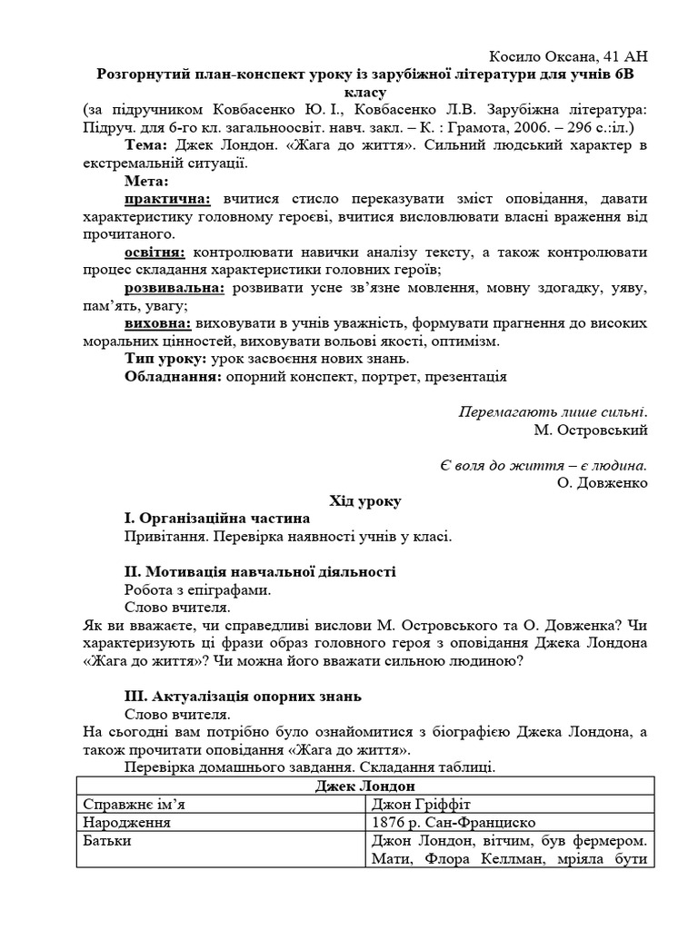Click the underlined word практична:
(x=167, y=198)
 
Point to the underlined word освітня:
(x=155, y=252)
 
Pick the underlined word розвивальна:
(x=174, y=287)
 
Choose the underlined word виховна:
(x=157, y=322)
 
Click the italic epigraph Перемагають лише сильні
(x=553, y=411)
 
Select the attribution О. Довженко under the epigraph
(x=603, y=482)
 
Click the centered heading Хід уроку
(x=364, y=500)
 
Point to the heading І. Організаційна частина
(x=216, y=518)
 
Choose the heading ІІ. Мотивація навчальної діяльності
(x=259, y=571)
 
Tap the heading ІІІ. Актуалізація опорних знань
(x=243, y=697)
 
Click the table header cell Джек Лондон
(x=364, y=786)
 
